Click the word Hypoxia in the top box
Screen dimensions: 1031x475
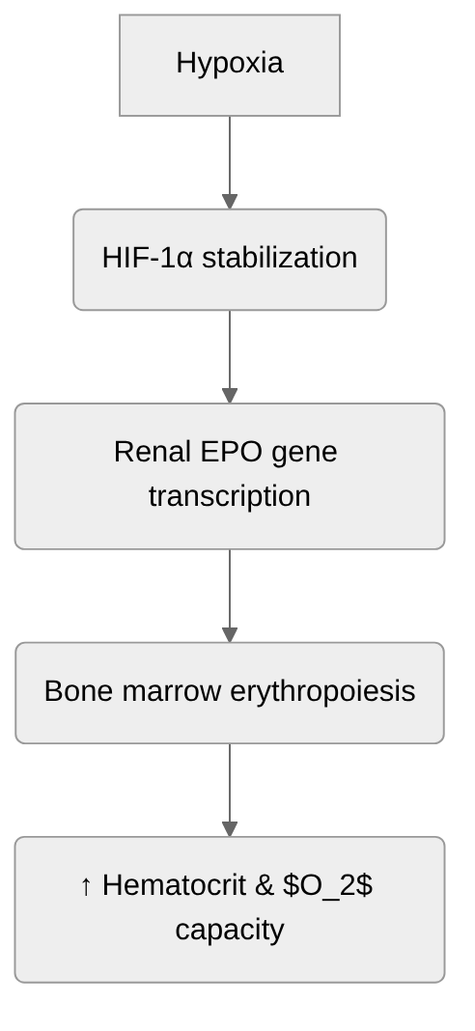coord(230,63)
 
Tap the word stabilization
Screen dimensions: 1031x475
coord(280,258)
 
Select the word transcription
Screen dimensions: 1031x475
coord(230,496)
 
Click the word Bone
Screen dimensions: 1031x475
coord(78,691)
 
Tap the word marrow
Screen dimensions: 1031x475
coord(169,691)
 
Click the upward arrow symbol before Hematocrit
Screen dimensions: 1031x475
coord(86,885)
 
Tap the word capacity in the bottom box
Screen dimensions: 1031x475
coord(230,930)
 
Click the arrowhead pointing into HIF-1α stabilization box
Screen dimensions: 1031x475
coord(230,202)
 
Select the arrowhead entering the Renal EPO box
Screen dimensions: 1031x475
coord(230,396)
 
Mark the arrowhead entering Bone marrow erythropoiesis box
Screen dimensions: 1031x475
coord(230,635)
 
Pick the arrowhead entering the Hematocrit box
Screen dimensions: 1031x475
coord(230,829)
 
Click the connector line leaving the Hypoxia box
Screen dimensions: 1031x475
coord(230,154)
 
